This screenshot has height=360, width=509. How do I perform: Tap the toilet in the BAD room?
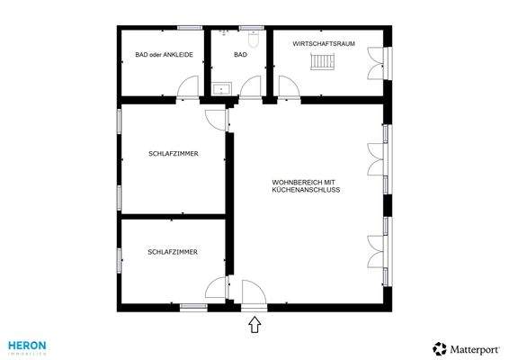click(x=254, y=40)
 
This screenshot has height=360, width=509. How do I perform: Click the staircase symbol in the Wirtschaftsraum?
click(x=322, y=62)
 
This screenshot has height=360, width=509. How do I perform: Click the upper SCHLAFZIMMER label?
click(x=173, y=154)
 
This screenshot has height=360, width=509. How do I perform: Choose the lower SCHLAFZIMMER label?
click(x=173, y=253)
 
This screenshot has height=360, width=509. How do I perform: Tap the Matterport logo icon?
click(x=439, y=348)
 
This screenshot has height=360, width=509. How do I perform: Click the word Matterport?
click(x=475, y=348)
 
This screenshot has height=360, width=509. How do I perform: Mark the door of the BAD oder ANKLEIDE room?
click(x=188, y=87)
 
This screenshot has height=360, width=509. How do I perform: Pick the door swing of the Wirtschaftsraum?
click(x=289, y=87)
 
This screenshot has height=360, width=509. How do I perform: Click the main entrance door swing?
click(x=253, y=293)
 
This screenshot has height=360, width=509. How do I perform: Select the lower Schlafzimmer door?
click(x=216, y=288)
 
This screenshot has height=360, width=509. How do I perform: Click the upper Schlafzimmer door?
click(x=217, y=119)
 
